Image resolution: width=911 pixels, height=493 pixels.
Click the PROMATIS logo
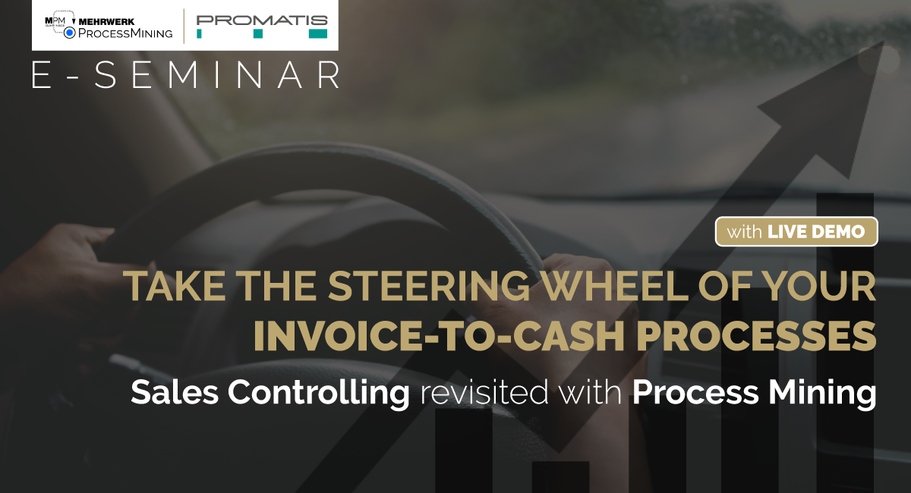point(262,27)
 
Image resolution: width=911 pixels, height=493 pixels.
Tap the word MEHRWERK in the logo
point(106,22)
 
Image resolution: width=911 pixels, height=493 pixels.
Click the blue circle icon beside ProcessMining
point(70,33)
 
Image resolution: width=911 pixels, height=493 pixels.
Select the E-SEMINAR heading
point(185,75)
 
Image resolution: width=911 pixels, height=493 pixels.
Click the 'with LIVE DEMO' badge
point(796,231)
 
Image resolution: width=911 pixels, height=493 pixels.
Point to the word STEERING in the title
point(429,286)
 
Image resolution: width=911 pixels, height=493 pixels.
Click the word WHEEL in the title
point(614,286)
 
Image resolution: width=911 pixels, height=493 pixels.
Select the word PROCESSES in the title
point(756,336)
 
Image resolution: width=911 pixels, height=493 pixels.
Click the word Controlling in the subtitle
point(318,393)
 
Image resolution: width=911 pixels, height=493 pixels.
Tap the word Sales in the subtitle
point(175,392)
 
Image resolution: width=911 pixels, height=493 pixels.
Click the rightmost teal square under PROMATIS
point(318,33)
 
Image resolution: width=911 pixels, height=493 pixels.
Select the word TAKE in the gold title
point(175,286)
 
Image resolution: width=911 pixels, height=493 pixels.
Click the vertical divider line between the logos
point(184,26)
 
